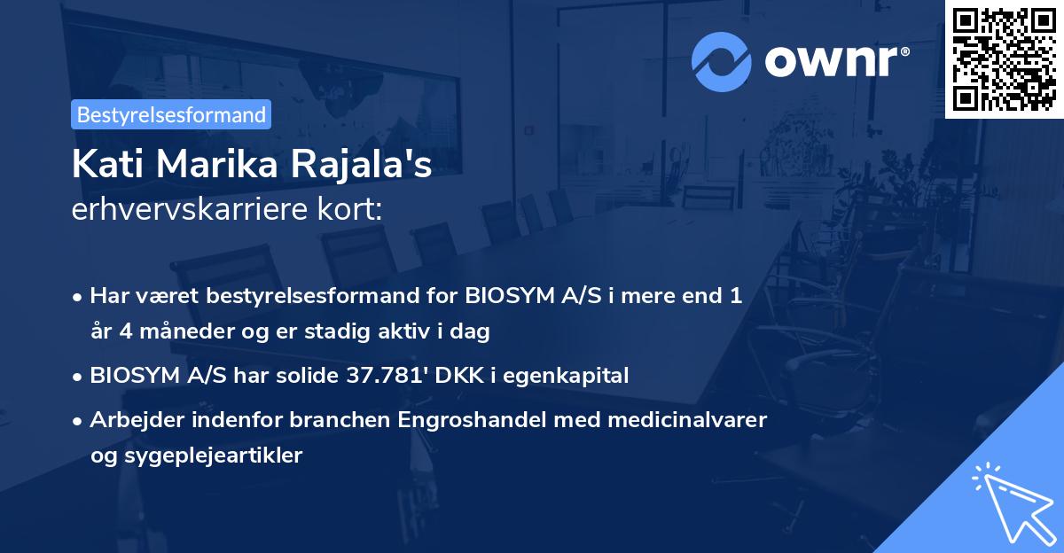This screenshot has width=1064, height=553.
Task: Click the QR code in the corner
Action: (x=1004, y=58)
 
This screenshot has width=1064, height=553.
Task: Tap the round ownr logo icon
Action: (x=723, y=61)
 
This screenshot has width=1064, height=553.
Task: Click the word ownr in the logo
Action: (x=833, y=62)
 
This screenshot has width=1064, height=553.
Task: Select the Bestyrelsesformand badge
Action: (x=171, y=114)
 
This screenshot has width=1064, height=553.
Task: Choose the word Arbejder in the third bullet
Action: (x=131, y=419)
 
